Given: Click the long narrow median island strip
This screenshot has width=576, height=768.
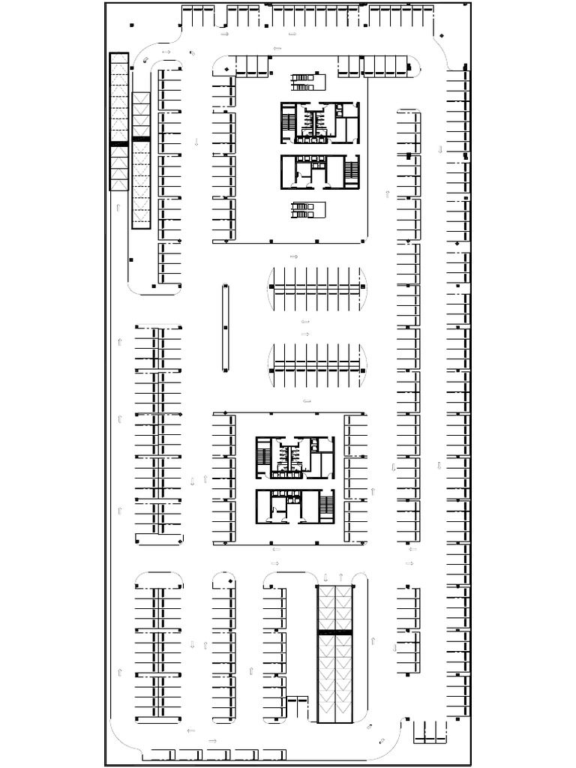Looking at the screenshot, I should tap(225, 328).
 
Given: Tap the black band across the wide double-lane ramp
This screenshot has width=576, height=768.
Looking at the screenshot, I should tap(334, 633).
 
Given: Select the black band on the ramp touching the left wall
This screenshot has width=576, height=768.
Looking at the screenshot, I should tap(118, 143).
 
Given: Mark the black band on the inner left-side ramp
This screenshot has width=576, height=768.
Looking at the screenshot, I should tap(141, 139).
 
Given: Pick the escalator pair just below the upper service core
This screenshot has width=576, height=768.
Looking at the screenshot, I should tap(304, 209).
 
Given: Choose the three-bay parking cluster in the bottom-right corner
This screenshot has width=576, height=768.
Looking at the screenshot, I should tap(430, 731).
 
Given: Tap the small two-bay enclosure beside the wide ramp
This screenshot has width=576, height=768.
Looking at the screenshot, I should tap(298, 707).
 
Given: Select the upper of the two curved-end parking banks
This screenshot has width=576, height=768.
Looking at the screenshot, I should tap(318, 289).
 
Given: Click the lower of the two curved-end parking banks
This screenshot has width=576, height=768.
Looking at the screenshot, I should tap(318, 366).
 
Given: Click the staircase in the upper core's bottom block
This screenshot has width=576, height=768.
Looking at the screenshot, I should tap(352, 172).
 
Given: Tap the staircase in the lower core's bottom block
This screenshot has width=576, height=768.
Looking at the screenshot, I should tap(326, 506).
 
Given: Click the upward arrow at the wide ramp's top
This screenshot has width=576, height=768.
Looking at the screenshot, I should tap(341, 577).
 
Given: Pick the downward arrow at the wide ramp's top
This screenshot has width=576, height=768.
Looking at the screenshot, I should tap(326, 577).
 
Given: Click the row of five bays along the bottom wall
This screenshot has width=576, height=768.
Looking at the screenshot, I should tap(214, 754).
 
